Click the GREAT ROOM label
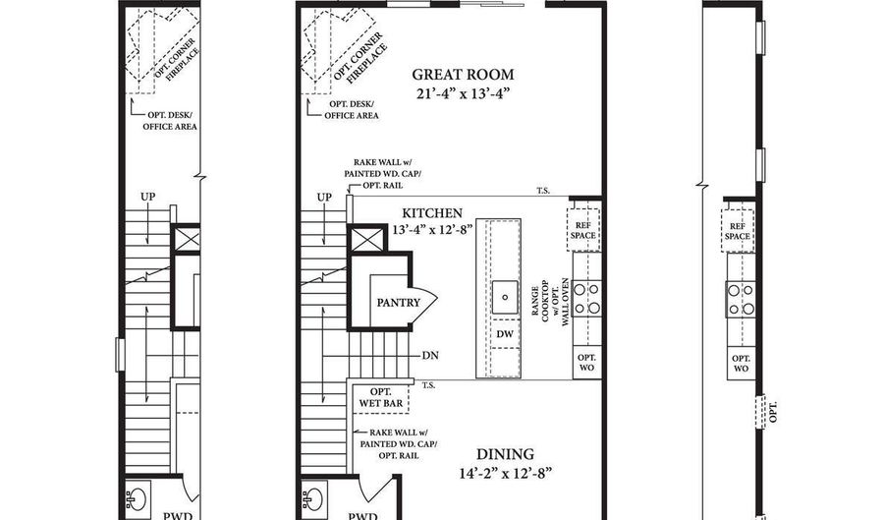(463, 75)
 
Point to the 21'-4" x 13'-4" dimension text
(463, 93)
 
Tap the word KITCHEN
(432, 212)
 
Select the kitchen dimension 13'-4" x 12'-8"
(432, 229)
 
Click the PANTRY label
(398, 302)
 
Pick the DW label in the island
(505, 335)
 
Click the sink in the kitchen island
(505, 292)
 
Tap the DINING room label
(506, 454)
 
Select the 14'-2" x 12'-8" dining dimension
(506, 473)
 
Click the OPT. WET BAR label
(375, 397)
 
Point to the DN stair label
(429, 355)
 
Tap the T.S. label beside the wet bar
(429, 385)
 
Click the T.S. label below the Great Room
(542, 191)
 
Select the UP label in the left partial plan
(148, 198)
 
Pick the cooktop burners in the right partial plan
(741, 297)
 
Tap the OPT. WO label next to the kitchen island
(586, 362)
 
